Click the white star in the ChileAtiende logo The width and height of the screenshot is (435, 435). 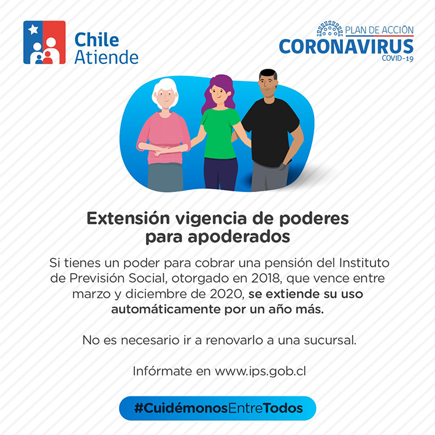(33, 29)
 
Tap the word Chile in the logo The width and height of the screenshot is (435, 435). (97, 39)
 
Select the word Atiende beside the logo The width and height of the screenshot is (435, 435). (107, 57)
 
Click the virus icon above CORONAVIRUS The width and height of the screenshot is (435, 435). (330, 29)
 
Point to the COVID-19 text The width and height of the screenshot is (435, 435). (398, 58)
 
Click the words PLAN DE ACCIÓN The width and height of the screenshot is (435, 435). (379, 30)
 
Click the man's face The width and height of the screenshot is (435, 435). (268, 85)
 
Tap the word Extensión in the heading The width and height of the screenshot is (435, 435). (128, 218)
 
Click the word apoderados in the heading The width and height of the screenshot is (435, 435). (239, 237)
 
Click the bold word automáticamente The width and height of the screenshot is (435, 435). (165, 309)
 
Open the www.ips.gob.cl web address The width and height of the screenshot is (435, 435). (260, 371)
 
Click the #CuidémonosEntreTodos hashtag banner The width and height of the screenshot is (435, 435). (218, 408)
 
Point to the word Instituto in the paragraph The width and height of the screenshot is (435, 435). (364, 263)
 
